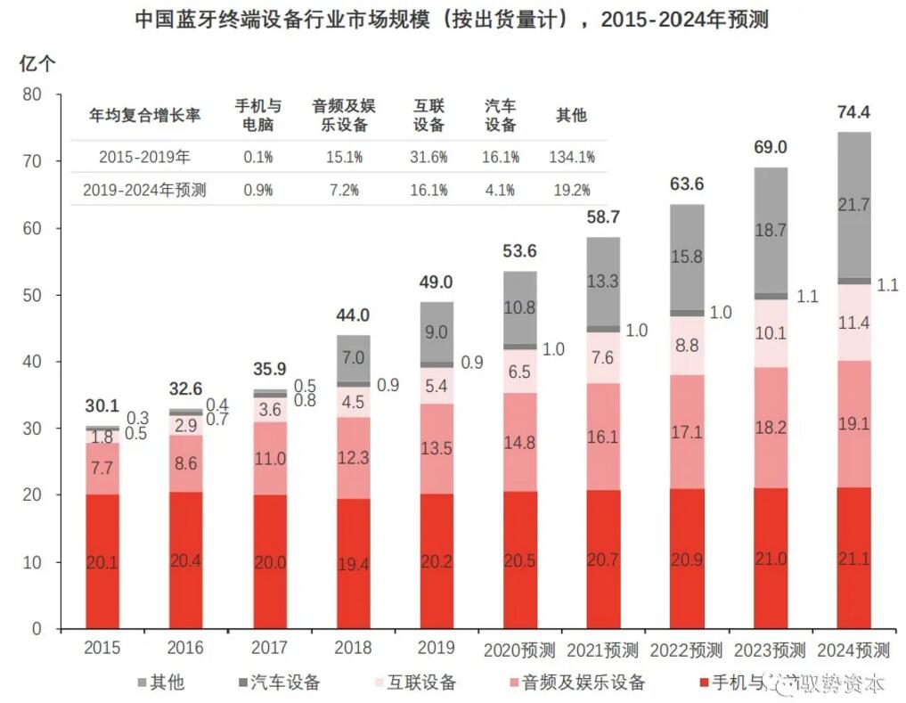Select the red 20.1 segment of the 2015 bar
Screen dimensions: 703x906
coord(103,561)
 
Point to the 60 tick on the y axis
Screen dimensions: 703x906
coord(32,228)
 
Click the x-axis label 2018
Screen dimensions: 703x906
coord(354,648)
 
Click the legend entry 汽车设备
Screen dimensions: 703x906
coord(275,683)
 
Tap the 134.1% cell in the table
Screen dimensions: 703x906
coord(572,157)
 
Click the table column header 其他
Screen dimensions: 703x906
coord(571,115)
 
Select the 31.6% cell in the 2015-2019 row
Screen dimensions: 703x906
coord(429,157)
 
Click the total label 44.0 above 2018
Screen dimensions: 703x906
coord(354,315)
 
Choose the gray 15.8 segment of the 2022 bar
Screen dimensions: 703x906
coord(687,257)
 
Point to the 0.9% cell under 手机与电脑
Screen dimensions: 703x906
coord(258,190)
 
